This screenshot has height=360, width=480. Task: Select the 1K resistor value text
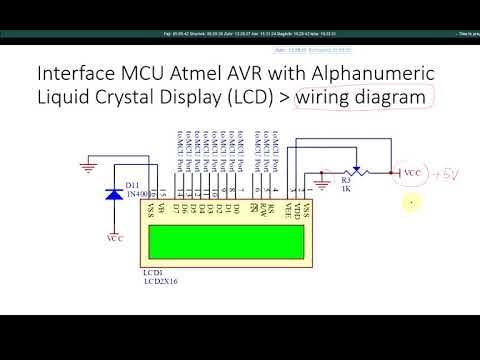(347, 189)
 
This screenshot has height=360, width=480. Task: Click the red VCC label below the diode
(115, 240)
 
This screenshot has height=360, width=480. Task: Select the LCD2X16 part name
(162, 282)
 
